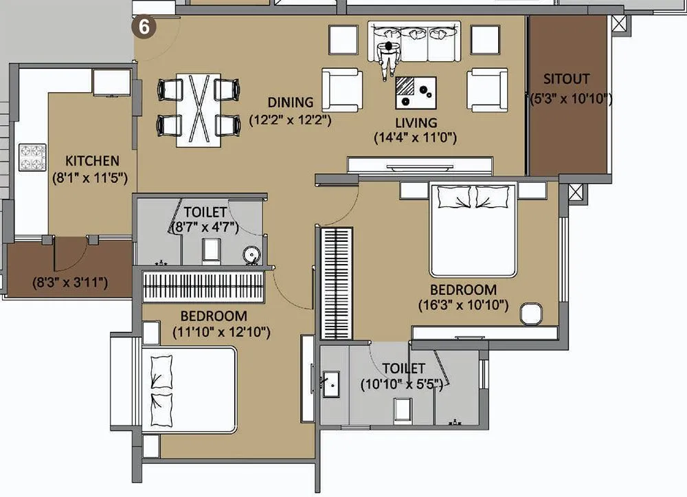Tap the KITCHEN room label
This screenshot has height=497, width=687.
tap(92, 161)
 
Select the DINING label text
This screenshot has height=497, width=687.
tap(290, 102)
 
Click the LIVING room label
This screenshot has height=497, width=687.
tap(415, 122)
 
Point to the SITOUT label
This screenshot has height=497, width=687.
tap(566, 79)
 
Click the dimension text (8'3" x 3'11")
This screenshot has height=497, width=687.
tap(69, 282)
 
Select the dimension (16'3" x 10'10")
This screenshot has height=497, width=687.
tap(463, 305)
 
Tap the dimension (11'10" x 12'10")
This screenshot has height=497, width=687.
tap(221, 333)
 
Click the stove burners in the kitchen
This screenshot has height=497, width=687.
tap(32, 157)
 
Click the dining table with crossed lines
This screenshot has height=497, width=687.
tap(198, 109)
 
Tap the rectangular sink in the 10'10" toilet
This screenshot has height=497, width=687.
tap(331, 383)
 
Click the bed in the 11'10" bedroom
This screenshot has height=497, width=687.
tap(189, 389)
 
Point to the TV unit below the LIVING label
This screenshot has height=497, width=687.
tap(419, 165)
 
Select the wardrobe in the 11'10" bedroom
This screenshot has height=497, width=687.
tap(204, 285)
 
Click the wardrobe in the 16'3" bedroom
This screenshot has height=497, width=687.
tap(337, 283)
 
